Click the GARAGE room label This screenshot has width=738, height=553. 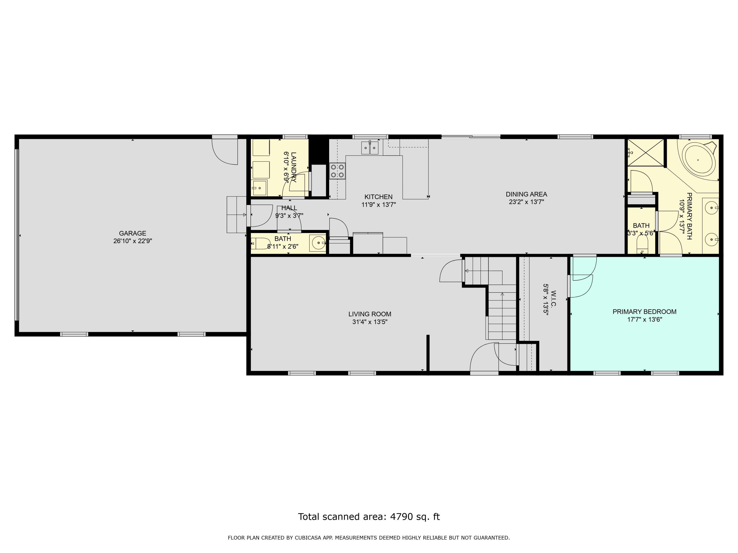click(x=132, y=233)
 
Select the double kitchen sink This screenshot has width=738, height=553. click(x=370, y=148)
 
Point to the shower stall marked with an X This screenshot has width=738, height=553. click(x=646, y=152)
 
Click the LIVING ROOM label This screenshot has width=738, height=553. click(x=370, y=314)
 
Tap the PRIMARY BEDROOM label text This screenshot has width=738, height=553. click(x=645, y=312)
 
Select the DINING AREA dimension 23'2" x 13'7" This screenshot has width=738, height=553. click(x=526, y=202)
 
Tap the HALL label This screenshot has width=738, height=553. click(x=289, y=208)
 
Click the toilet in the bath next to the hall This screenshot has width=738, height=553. click(x=261, y=244)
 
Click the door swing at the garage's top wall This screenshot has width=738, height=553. click(x=225, y=152)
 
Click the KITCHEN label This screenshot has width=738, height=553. click(x=378, y=197)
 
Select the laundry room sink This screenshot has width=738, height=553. click(x=259, y=188)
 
